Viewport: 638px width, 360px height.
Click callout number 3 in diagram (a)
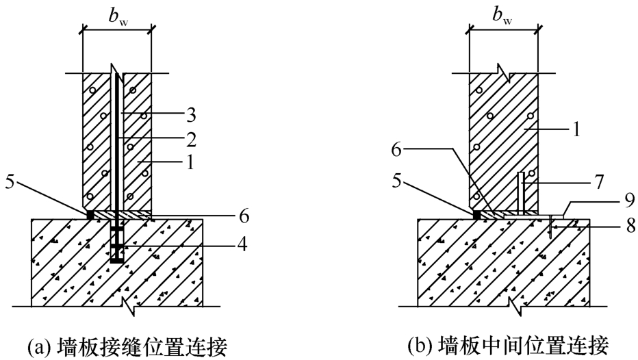(x=191, y=115)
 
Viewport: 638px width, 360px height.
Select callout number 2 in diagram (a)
(x=191, y=140)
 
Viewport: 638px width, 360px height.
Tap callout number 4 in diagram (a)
(x=242, y=244)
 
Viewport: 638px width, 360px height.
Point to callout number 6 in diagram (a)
(x=244, y=216)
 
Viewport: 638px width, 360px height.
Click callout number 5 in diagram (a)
(x=10, y=181)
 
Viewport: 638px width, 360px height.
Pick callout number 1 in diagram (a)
(x=190, y=163)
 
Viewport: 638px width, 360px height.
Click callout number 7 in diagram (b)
(x=599, y=182)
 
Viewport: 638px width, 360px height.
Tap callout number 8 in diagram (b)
(x=631, y=226)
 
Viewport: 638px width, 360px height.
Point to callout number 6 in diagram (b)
(x=396, y=150)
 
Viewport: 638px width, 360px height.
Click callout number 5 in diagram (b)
(x=397, y=181)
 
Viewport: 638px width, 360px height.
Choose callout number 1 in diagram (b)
(x=576, y=130)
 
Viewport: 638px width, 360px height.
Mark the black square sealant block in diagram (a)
(x=90, y=214)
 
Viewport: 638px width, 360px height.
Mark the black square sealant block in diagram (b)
(x=477, y=214)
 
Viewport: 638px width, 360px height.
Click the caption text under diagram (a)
(x=127, y=347)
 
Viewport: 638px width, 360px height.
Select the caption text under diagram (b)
(x=509, y=346)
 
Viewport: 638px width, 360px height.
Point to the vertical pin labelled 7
(x=521, y=193)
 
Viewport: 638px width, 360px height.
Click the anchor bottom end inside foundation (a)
(x=117, y=261)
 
